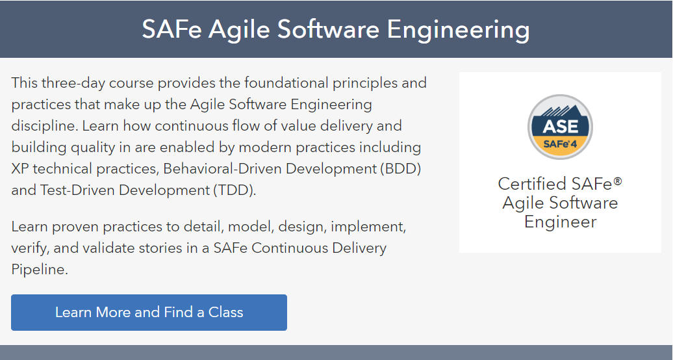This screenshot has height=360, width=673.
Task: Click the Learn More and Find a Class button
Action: [149, 313]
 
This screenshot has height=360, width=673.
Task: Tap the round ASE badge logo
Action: [560, 127]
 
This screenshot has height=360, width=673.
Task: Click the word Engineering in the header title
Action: [459, 30]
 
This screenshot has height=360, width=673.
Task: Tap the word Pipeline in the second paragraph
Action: [40, 270]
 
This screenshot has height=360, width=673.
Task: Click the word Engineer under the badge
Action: [560, 222]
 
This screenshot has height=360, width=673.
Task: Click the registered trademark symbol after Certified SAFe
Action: [618, 181]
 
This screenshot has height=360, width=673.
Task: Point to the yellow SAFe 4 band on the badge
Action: [560, 145]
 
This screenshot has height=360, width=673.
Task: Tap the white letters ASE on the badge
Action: [560, 126]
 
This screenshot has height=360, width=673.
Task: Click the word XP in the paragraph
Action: [19, 168]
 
